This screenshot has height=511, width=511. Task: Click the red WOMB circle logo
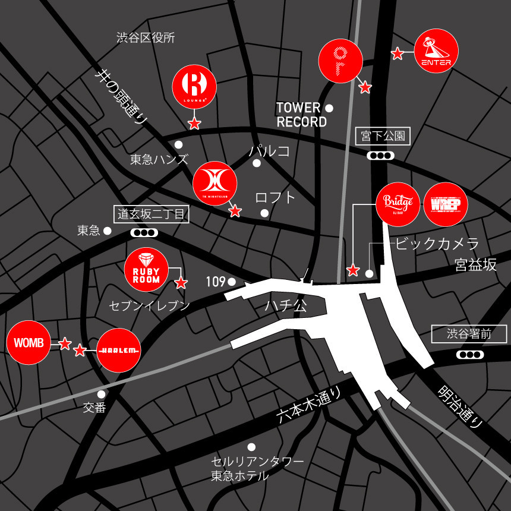[29, 343]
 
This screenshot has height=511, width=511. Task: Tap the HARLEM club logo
[119, 351]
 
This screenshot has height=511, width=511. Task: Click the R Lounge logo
[194, 86]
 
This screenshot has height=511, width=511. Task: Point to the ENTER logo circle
[436, 52]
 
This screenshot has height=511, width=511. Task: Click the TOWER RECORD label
[301, 115]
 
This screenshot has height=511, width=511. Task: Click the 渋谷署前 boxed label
[469, 334]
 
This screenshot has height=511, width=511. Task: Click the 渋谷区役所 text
[146, 39]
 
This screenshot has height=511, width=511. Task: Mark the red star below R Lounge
[194, 124]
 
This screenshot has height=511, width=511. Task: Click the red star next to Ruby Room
[181, 283]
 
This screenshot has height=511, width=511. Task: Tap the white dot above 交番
[102, 394]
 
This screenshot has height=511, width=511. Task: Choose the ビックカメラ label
[437, 244]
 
